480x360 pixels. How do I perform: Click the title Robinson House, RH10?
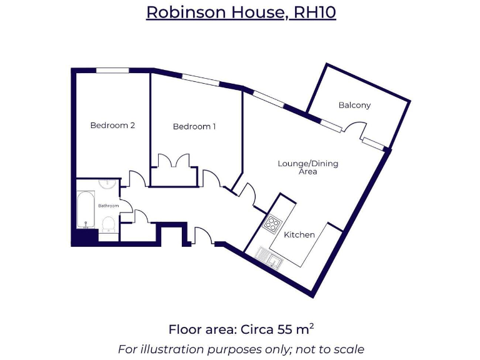pos(241,12)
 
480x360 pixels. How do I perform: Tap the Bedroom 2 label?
pos(112,125)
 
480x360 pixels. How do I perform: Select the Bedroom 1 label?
pos(194,126)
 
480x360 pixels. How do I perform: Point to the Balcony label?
pos(354,105)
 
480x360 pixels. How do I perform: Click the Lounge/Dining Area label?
pos(308,167)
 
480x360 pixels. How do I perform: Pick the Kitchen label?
pos(299,234)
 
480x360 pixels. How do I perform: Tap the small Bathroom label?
pos(107,206)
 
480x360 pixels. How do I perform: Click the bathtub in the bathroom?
pos(86,211)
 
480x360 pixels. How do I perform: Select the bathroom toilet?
pos(107,224)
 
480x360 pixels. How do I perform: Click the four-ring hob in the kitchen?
pos(272,222)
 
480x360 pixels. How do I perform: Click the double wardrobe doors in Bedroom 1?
pos(174,161)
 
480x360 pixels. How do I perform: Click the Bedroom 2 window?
pos(112,70)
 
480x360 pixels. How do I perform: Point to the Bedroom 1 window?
pos(200,80)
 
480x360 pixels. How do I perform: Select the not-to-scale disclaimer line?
pos(241,349)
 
